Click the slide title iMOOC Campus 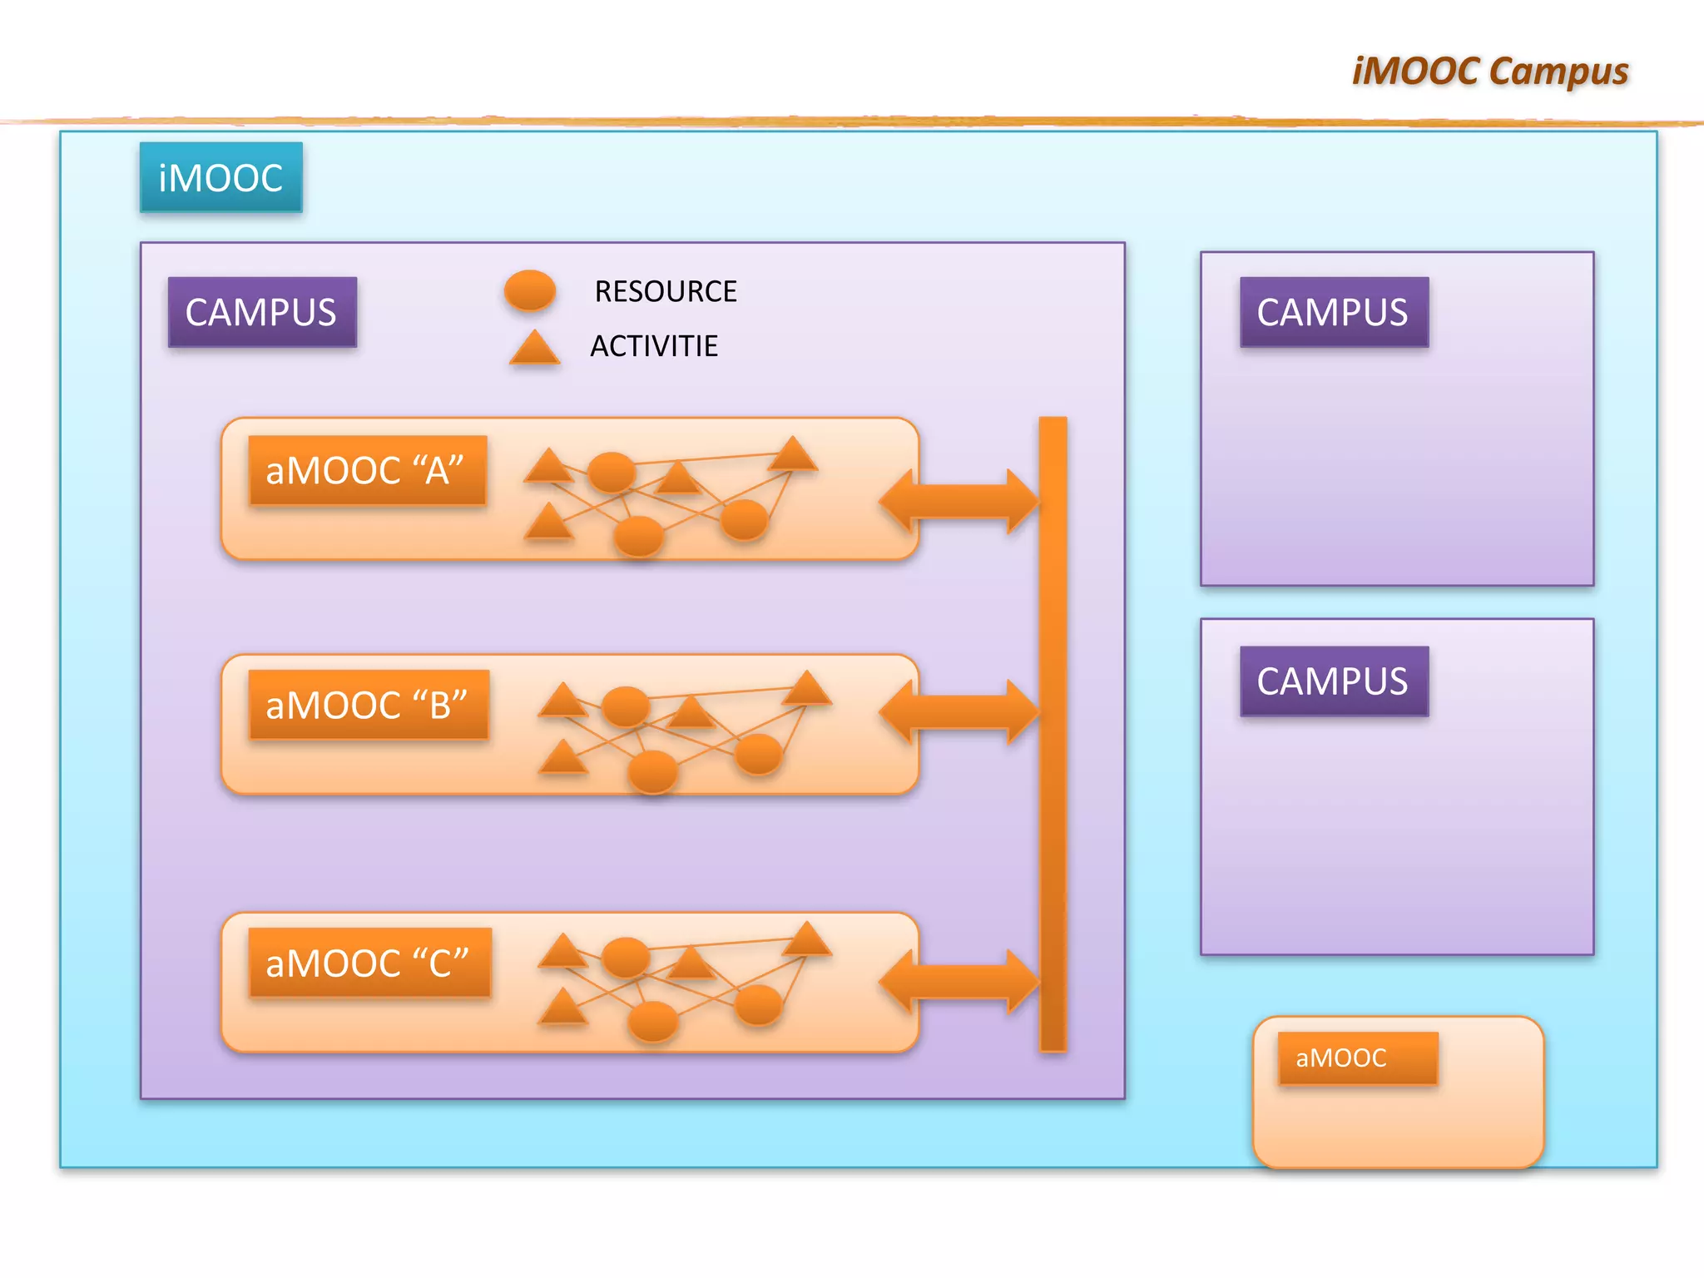tap(1489, 71)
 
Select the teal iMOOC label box tap(220, 177)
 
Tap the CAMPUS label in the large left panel tap(261, 312)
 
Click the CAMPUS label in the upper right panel tap(1333, 312)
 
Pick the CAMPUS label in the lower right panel tap(1333, 681)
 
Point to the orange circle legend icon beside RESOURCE tap(530, 290)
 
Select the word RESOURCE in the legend tap(666, 291)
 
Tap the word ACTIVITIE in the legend tap(654, 346)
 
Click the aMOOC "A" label tap(366, 470)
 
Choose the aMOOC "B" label tap(368, 705)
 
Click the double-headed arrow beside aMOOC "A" tap(958, 501)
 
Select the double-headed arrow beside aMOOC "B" tap(958, 711)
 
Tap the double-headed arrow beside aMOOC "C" tap(958, 981)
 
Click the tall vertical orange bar tap(1053, 732)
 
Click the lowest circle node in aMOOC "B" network tap(652, 770)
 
